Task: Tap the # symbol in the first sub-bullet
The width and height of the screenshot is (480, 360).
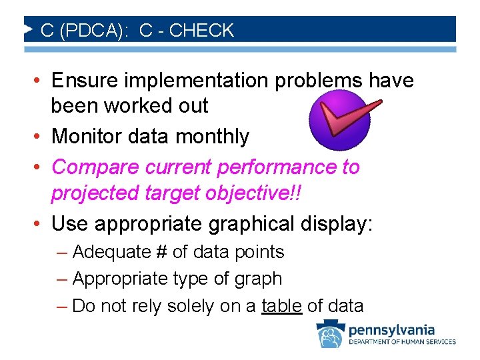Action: (x=162, y=252)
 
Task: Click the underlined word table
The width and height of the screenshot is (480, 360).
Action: (x=282, y=306)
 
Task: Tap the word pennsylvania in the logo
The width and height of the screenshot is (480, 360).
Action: (x=391, y=329)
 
